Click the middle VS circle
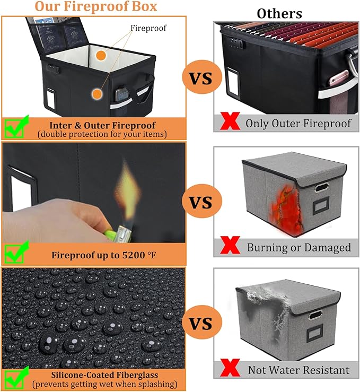point(199,202)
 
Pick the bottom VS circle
point(199,324)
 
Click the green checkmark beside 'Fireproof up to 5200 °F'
point(14,253)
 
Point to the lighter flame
point(129,188)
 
